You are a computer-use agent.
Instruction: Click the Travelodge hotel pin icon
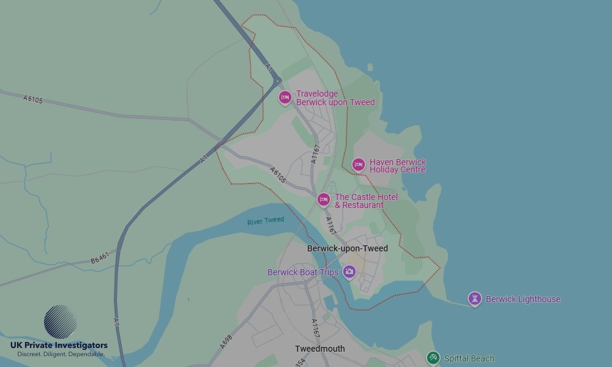[285, 97]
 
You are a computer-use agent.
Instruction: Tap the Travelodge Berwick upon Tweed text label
[335, 98]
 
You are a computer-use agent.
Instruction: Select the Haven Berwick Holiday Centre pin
[359, 165]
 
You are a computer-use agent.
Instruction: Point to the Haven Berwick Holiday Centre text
[397, 166]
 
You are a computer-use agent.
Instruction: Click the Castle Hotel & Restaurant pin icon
[324, 199]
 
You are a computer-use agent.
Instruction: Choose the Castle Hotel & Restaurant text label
[365, 201]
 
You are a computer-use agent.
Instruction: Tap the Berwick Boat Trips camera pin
[349, 272]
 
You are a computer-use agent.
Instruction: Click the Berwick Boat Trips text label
[302, 272]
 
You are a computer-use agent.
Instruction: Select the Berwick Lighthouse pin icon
[474, 298]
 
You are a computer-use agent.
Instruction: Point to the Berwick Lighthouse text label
[523, 299]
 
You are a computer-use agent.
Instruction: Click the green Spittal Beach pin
[433, 358]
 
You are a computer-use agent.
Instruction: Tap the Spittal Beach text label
[469, 358]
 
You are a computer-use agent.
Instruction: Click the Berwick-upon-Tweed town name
[347, 249]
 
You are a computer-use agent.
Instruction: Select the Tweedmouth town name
[319, 349]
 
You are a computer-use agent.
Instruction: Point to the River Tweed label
[266, 221]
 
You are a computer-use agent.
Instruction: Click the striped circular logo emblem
[61, 322]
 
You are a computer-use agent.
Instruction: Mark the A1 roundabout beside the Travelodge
[277, 81]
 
